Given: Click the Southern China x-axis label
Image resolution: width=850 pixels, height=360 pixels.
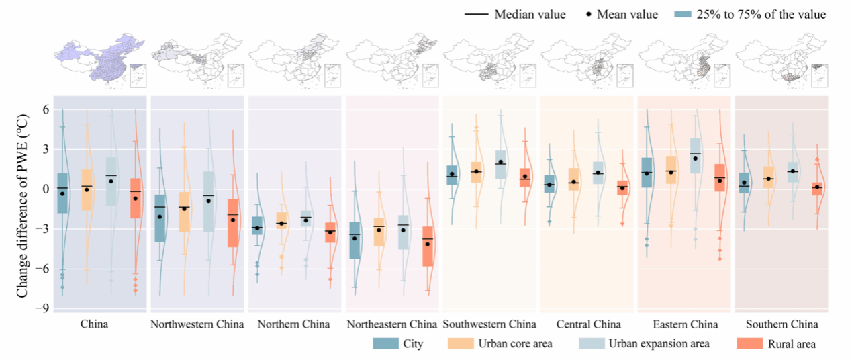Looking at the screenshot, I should (782, 325).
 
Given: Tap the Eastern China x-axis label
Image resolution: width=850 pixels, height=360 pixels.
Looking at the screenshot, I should (685, 325).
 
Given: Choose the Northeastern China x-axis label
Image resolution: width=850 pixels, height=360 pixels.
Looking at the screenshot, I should (391, 325).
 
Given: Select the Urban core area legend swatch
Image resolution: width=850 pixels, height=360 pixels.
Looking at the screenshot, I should (459, 344).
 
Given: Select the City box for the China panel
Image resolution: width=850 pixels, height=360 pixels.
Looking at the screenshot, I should (62, 193).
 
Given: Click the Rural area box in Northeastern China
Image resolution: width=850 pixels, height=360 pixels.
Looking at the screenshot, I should (428, 246).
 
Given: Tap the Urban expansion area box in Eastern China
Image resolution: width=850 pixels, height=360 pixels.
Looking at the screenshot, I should (696, 156).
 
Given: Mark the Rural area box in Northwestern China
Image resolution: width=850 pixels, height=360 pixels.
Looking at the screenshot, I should (233, 223).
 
